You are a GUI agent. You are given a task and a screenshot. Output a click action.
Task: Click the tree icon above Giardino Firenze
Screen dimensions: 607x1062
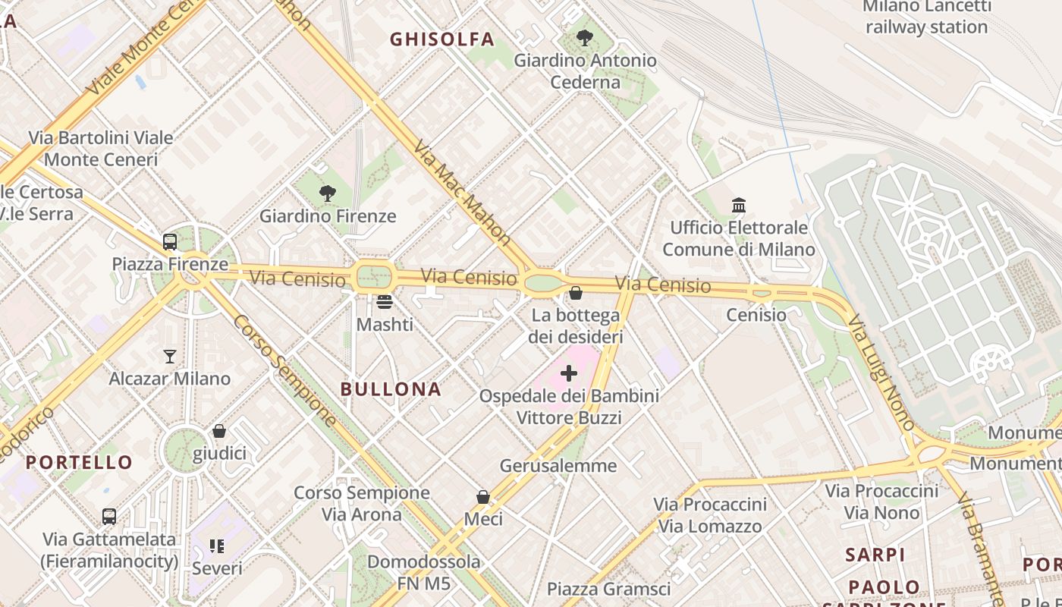tap(327, 193)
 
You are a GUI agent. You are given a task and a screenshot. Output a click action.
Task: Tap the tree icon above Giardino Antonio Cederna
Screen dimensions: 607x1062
tap(585, 37)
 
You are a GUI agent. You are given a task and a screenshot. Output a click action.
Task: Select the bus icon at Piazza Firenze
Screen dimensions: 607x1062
tap(170, 242)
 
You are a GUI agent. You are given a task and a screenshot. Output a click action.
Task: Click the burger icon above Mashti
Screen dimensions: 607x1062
tap(385, 302)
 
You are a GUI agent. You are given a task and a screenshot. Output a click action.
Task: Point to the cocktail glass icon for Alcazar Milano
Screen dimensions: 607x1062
tap(170, 356)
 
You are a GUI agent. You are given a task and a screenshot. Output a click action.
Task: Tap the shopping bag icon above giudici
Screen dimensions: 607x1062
tap(219, 431)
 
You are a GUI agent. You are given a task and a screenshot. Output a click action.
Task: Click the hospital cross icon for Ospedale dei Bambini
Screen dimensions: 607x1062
tap(568, 373)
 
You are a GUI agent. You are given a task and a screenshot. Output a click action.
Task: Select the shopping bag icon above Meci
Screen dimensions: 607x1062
tap(483, 497)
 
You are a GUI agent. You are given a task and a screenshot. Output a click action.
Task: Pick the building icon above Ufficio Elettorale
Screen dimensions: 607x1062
tap(739, 205)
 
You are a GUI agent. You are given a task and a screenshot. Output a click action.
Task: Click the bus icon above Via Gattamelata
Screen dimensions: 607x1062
tap(109, 517)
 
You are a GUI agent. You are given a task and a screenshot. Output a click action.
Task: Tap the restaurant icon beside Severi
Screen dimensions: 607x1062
tap(217, 546)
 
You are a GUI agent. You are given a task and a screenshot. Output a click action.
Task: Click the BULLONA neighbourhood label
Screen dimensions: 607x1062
tap(391, 389)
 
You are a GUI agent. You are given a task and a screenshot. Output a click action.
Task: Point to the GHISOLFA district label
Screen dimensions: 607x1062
tap(441, 39)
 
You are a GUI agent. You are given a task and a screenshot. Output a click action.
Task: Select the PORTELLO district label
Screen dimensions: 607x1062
tap(79, 462)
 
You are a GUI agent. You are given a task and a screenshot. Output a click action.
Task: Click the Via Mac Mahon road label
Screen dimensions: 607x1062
tap(462, 192)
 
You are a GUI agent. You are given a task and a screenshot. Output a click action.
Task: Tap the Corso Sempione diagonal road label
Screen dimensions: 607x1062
tap(285, 370)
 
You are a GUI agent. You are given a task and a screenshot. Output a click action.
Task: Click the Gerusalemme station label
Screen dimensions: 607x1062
tap(558, 465)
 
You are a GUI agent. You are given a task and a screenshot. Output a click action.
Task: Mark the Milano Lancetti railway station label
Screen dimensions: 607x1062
tap(926, 17)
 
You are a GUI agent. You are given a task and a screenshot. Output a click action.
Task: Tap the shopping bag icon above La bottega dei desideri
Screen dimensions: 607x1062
tap(576, 293)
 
